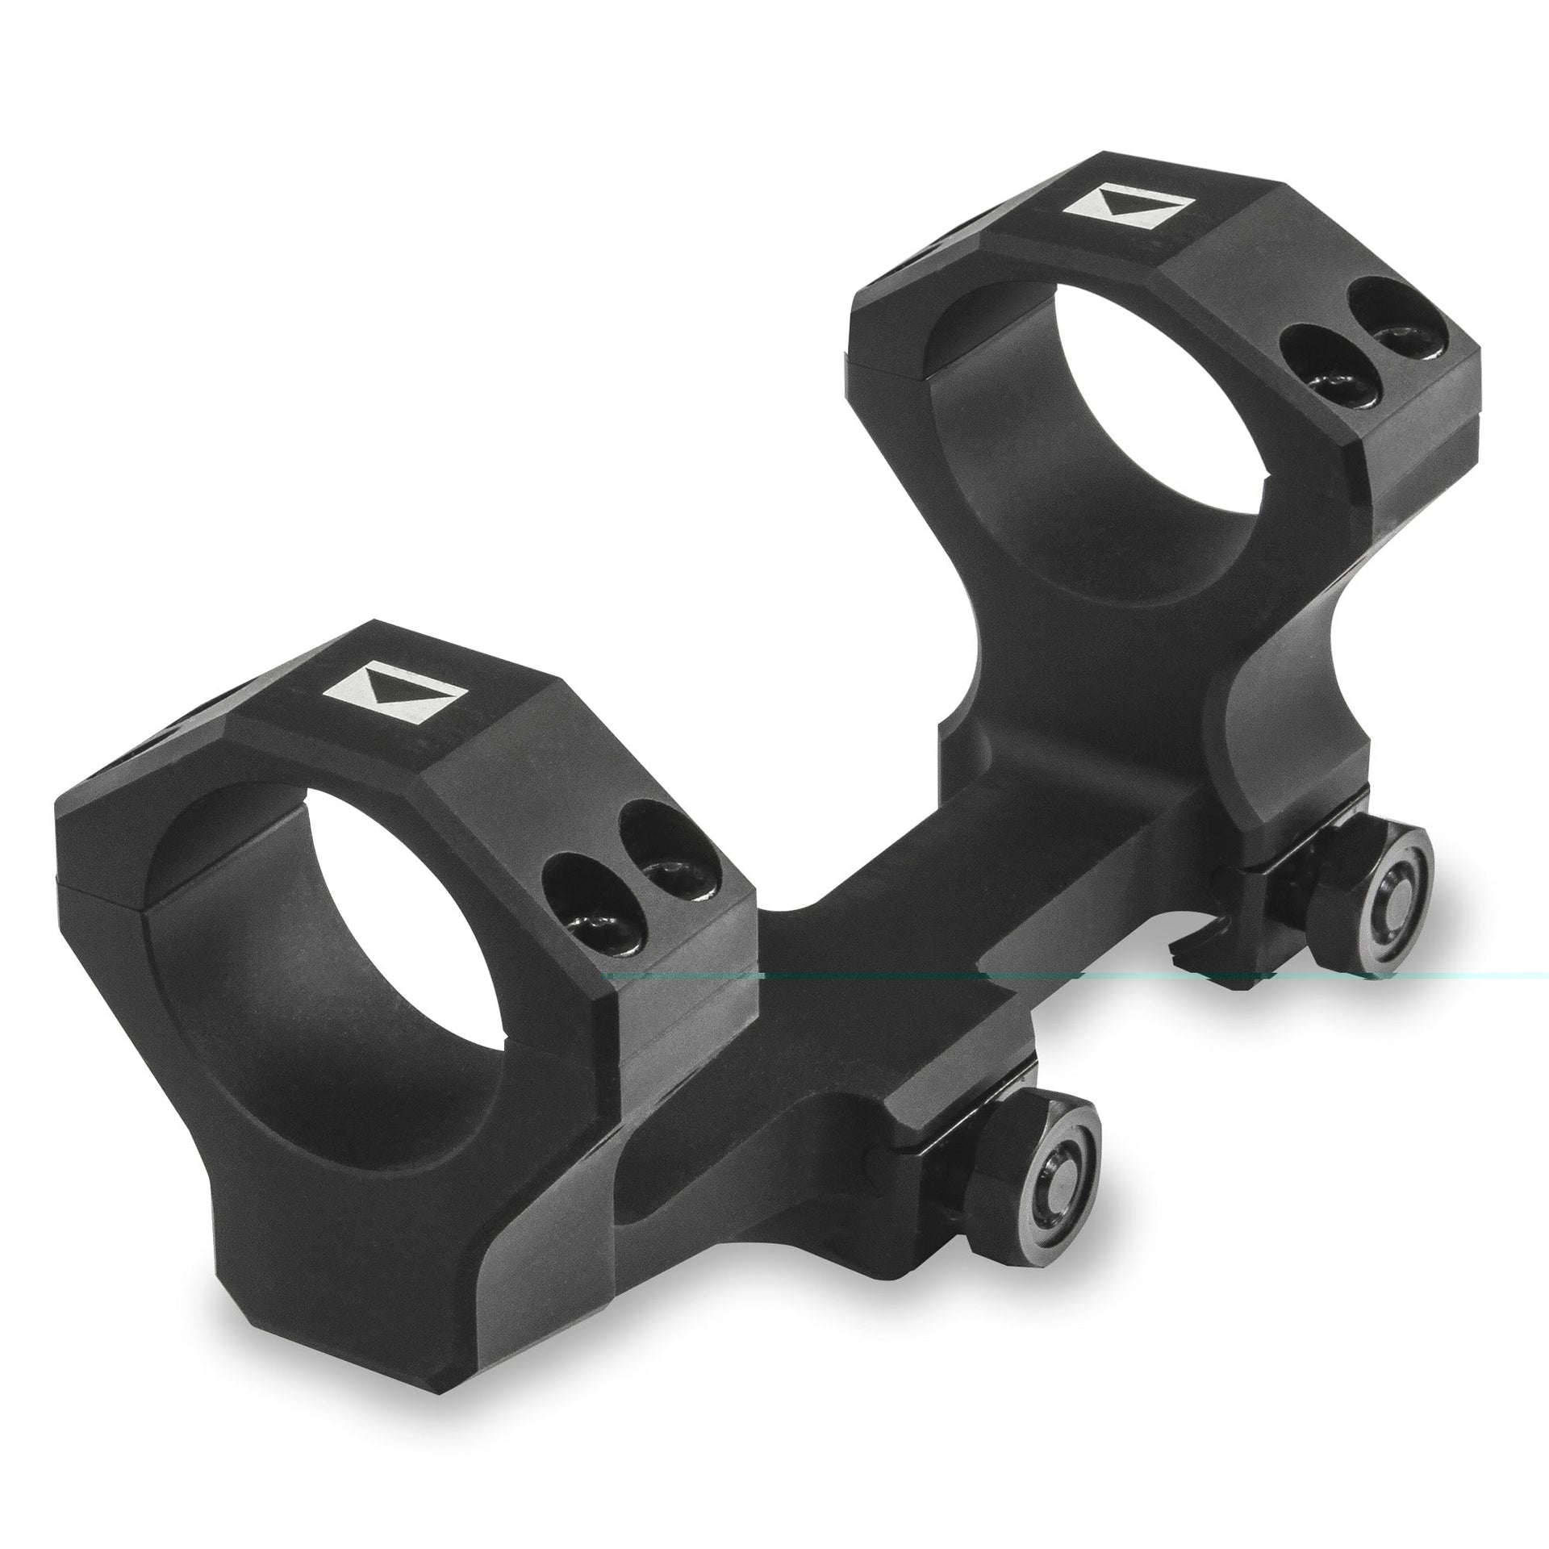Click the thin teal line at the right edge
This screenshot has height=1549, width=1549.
coord(1493,976)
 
